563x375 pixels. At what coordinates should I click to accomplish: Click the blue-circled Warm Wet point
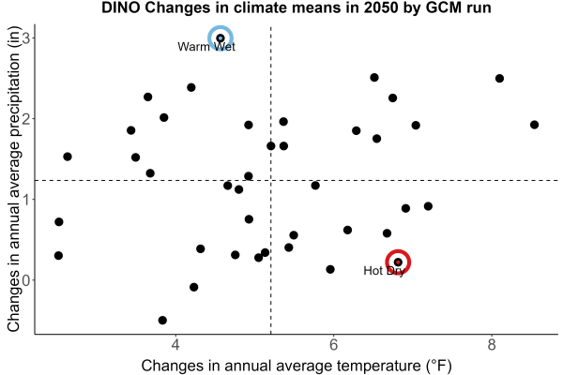[x=221, y=38]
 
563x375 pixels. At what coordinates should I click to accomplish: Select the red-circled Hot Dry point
[x=398, y=262]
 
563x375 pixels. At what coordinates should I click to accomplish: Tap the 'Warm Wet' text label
[x=206, y=47]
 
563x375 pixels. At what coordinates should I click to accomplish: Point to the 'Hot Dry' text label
[x=384, y=271]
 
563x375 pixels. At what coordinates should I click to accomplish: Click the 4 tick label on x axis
[x=175, y=345]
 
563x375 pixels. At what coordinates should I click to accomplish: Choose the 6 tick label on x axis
[x=333, y=345]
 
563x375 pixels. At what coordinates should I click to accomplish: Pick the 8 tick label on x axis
[x=492, y=345]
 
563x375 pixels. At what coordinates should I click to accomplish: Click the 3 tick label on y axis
[x=26, y=38]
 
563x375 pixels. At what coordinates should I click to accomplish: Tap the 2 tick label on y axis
[x=26, y=119]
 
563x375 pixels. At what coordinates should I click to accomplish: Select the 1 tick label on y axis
[x=26, y=200]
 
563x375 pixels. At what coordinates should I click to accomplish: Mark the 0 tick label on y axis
[x=26, y=280]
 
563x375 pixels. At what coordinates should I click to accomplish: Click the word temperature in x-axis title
[x=379, y=366]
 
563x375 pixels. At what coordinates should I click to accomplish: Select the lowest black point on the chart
[x=162, y=320]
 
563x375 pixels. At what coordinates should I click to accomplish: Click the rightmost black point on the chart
[x=534, y=125]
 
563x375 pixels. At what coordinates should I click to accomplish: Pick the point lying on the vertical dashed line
[x=271, y=146]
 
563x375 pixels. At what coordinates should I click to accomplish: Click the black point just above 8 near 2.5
[x=499, y=79]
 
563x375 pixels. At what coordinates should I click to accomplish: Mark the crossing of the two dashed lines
[x=271, y=180]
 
